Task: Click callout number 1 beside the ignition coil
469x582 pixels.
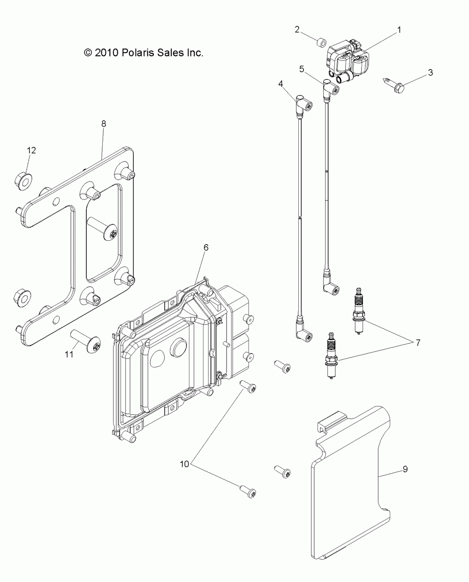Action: pyautogui.click(x=399, y=30)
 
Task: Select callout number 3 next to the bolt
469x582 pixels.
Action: pyautogui.click(x=430, y=73)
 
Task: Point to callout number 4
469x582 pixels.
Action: pyautogui.click(x=280, y=84)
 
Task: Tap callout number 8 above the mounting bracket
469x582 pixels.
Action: pyautogui.click(x=104, y=124)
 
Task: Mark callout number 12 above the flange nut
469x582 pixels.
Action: pyautogui.click(x=31, y=150)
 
